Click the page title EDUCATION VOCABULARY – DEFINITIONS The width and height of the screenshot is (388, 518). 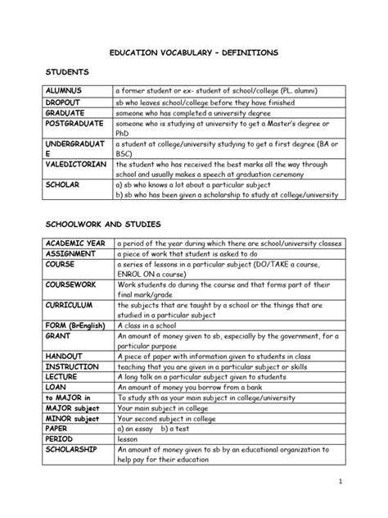194,52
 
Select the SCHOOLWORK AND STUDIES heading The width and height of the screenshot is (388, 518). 103,224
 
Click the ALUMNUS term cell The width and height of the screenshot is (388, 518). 67,90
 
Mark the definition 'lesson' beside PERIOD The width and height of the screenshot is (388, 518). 131,438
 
